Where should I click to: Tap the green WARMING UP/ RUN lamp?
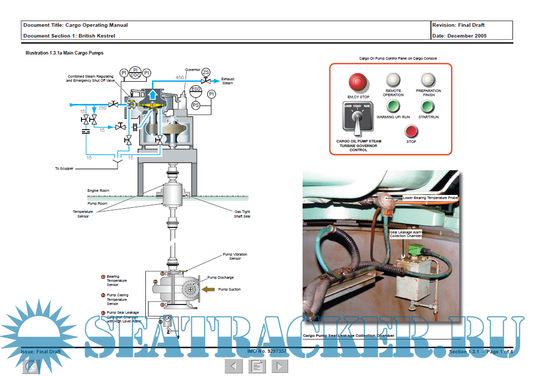click(x=393, y=106)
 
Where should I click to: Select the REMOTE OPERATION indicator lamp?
click(x=393, y=79)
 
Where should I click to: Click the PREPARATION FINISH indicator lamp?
click(x=428, y=79)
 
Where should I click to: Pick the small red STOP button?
click(x=411, y=131)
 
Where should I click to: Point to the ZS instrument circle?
click(x=206, y=72)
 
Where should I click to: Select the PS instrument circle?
click(x=196, y=105)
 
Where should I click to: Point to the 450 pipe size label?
click(x=179, y=78)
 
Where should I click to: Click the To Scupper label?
click(x=64, y=168)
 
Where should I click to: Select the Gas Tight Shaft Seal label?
click(x=242, y=214)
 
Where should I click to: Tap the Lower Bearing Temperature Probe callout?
click(x=430, y=198)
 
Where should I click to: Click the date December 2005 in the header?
click(x=467, y=35)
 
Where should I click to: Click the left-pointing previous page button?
click(x=234, y=366)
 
